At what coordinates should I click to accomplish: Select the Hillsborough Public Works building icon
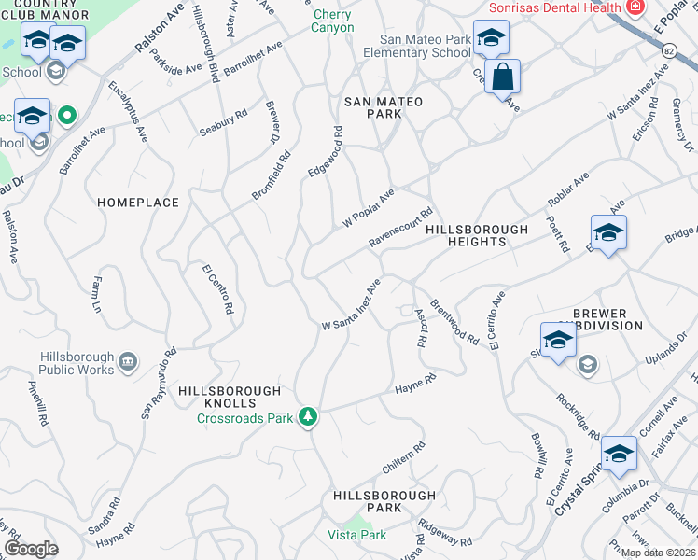[128, 359]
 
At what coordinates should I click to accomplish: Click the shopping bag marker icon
[502, 77]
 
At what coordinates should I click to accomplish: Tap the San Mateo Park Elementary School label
[426, 46]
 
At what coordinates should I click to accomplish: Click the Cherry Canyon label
[333, 21]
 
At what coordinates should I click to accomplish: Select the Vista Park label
[356, 535]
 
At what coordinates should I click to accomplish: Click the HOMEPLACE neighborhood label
[137, 202]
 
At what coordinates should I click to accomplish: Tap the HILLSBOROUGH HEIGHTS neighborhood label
[477, 235]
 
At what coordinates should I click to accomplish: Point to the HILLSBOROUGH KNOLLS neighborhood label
[229, 397]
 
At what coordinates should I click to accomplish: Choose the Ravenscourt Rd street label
[401, 227]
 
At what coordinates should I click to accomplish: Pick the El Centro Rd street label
[218, 288]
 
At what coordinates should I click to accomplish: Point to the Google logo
[32, 549]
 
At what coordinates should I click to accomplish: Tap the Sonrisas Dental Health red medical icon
[635, 7]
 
